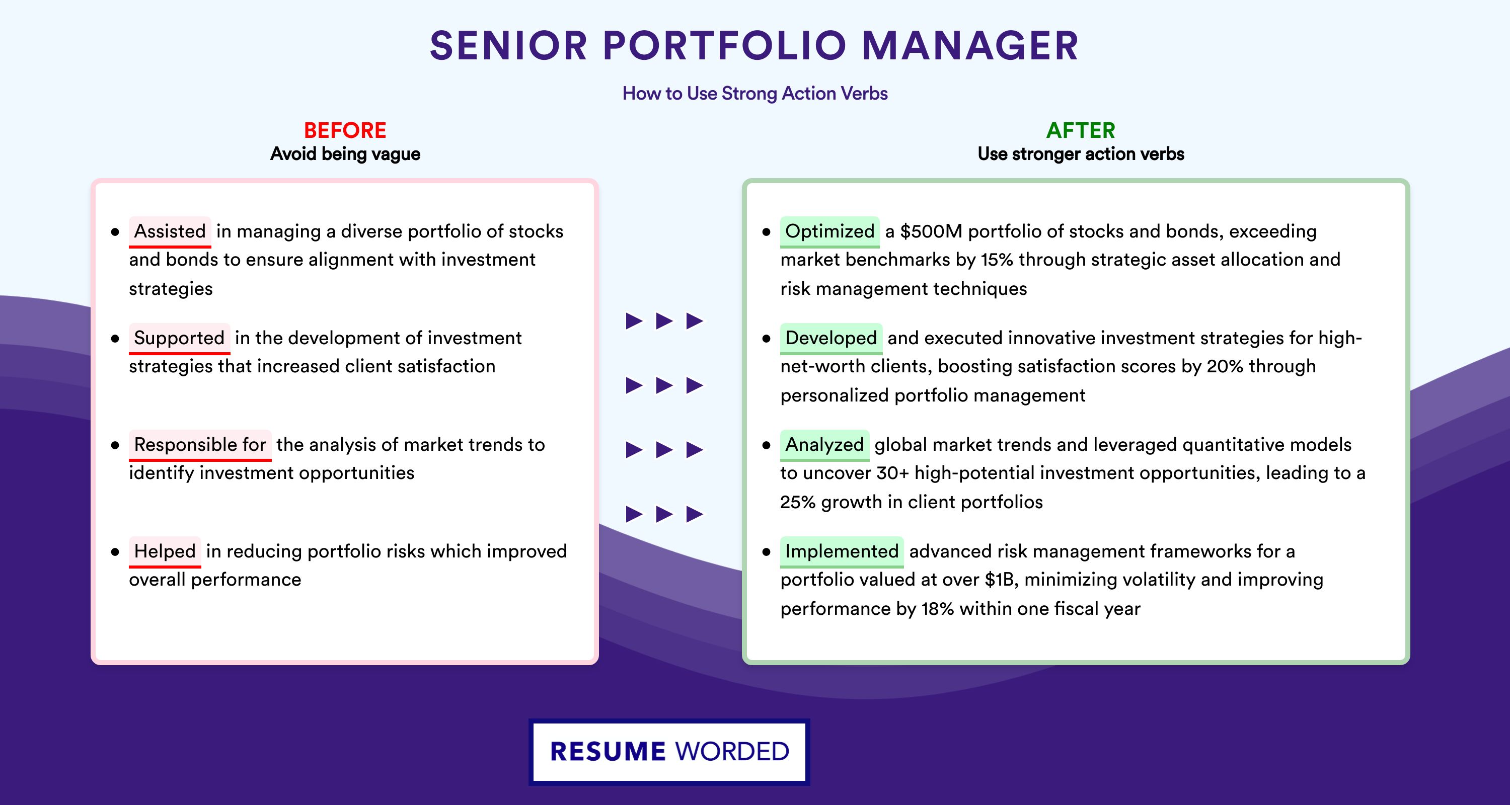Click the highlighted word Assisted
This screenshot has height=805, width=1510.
[170, 231]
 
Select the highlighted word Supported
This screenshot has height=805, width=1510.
[179, 338]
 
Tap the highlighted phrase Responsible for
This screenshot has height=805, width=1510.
[200, 445]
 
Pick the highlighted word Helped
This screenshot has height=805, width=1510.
[165, 551]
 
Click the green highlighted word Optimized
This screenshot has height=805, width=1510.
[829, 231]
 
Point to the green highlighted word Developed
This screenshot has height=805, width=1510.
[831, 338]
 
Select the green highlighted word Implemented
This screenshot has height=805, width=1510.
[842, 551]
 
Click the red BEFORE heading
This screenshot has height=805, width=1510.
[345, 130]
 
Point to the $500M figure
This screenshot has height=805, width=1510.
[932, 231]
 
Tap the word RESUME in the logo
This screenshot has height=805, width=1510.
[608, 752]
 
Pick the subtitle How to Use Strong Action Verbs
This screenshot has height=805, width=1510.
[755, 93]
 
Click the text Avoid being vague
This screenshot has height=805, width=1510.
[345, 154]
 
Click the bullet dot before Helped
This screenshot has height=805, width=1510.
[115, 552]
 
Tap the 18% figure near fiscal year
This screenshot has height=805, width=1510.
[938, 609]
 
